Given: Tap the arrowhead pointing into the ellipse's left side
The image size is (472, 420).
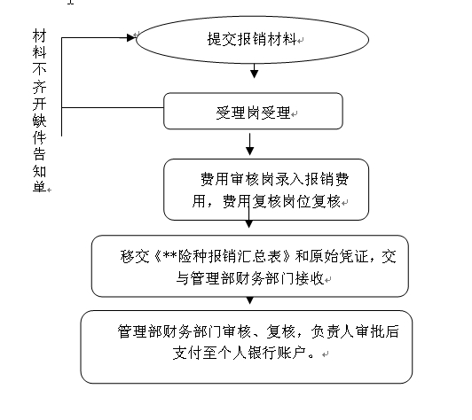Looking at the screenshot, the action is click(131, 37).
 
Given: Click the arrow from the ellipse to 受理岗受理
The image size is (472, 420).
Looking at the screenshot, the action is click(255, 71).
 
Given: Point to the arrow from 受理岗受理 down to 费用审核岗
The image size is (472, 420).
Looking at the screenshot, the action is click(249, 144).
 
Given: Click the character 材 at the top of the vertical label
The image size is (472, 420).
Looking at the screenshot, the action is click(39, 35).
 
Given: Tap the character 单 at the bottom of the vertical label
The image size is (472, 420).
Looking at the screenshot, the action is click(39, 186).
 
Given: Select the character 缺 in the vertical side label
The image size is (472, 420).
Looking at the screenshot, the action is click(39, 121).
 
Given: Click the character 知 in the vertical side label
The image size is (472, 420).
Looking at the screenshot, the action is click(39, 171).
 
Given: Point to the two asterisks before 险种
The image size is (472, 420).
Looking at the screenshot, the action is click(170, 255).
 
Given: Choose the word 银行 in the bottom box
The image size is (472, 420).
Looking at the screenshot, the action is click(262, 353).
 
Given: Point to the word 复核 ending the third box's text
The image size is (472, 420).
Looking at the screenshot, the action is click(326, 201).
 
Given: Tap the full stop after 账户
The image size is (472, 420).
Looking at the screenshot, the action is click(311, 356).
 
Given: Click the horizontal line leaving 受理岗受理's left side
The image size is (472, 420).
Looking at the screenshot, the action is click(113, 107).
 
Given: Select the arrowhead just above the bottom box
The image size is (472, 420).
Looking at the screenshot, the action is click(249, 300).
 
